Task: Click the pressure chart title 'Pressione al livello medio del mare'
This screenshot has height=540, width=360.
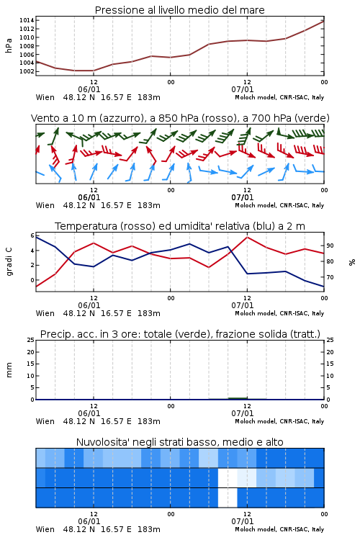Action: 179,10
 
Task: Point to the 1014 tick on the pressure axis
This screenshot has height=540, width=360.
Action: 27,20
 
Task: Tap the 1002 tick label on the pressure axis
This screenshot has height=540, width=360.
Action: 27,71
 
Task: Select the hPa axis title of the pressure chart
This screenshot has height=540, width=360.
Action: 9,45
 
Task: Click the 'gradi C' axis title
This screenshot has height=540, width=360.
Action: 9,262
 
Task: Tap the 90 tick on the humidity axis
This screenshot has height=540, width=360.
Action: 330,246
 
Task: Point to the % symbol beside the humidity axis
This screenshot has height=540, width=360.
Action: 352,262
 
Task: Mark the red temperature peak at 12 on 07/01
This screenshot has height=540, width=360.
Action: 248,237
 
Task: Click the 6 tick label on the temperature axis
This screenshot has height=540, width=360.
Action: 32,235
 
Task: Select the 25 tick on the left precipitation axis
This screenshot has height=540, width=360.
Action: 31,340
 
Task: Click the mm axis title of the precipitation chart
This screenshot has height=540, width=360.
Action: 9,370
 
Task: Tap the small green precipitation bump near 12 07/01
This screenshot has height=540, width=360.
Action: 238,398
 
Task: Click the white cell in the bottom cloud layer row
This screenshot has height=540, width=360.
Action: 228,498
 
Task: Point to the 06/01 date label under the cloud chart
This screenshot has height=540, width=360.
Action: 89,521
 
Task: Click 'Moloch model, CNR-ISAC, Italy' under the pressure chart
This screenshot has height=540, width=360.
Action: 279,97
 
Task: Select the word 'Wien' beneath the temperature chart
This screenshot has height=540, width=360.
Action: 45,313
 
